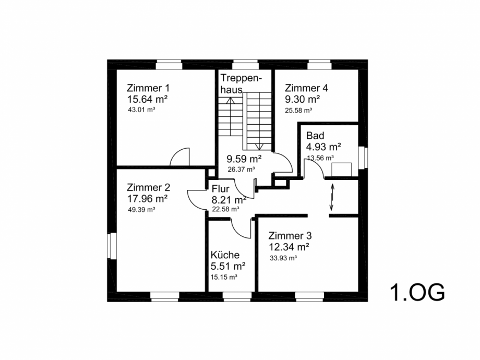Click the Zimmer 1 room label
[148, 88]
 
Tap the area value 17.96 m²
[147, 199]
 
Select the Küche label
[225, 255]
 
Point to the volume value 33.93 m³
[283, 258]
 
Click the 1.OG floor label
[417, 292]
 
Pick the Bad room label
[315, 135]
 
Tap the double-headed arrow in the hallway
[331, 197]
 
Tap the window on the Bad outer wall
[363, 158]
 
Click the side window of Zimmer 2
[112, 246]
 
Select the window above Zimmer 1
[169, 66]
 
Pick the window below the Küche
[237, 295]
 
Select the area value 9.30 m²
[303, 99]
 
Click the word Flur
[220, 188]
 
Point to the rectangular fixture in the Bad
[342, 170]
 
